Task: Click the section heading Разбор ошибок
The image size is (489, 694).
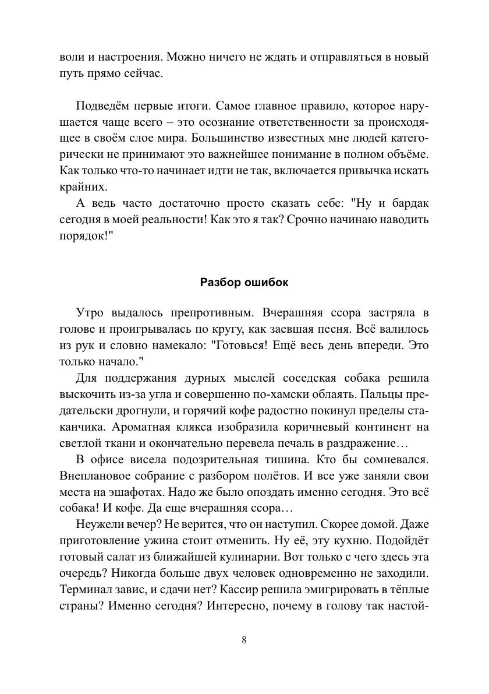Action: [244, 283]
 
